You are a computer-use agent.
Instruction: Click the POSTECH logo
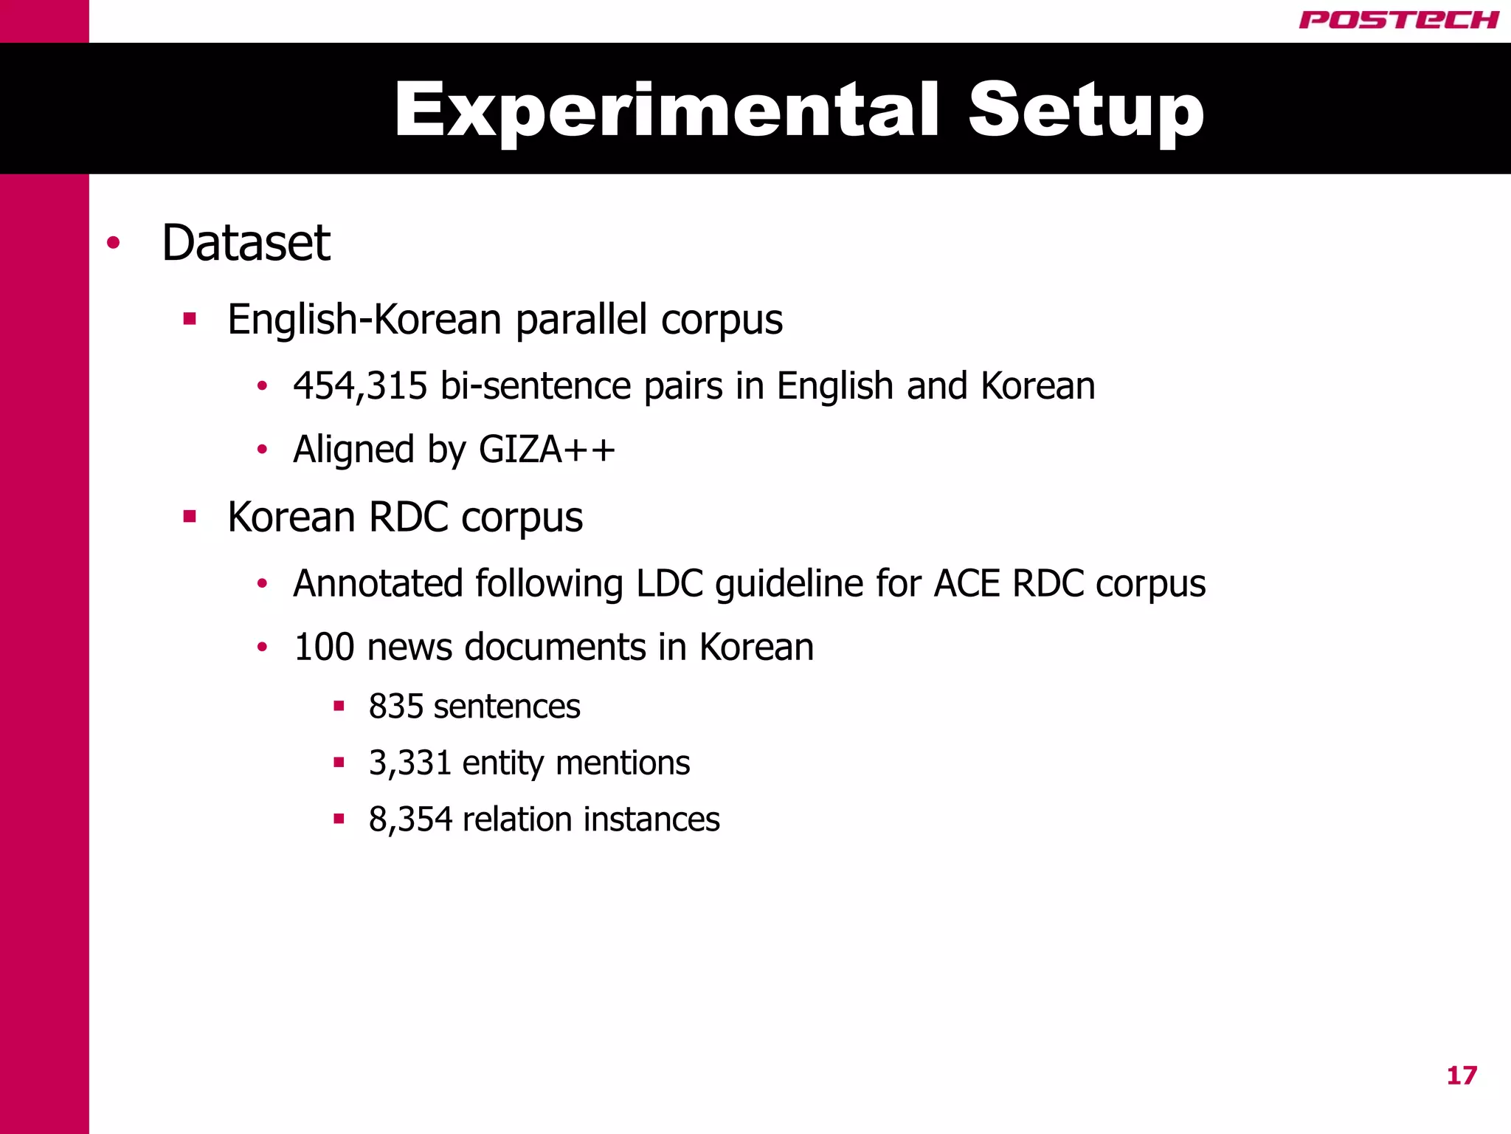coord(1398,20)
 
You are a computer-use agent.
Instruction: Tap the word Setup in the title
coord(1085,110)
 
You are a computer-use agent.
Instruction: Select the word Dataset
coord(246,243)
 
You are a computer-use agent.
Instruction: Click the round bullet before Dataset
coord(113,243)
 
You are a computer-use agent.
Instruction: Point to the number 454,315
coord(360,386)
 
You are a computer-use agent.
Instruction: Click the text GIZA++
coord(547,450)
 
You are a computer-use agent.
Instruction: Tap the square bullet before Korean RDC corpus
coord(190,516)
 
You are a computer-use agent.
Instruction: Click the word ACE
coord(967,583)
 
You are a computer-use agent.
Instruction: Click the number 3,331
coord(409,763)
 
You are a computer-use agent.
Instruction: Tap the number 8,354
coord(410,819)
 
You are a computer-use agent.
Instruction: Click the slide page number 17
coord(1462,1076)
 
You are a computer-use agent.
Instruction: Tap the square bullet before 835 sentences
coord(339,707)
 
